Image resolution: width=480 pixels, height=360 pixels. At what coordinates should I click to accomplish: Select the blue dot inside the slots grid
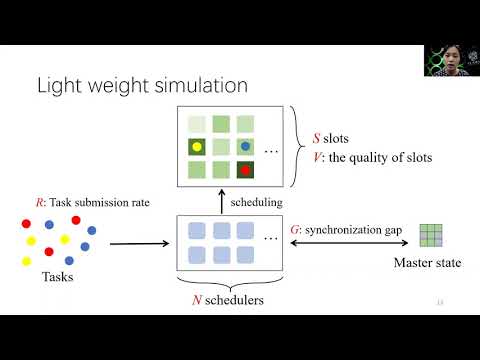(x=246, y=147)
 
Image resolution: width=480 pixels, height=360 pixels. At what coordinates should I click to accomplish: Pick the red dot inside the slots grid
(x=246, y=170)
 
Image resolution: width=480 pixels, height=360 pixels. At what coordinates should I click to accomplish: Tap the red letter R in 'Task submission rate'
(x=40, y=202)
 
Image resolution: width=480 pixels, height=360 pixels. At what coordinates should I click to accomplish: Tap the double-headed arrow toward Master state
(x=344, y=243)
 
